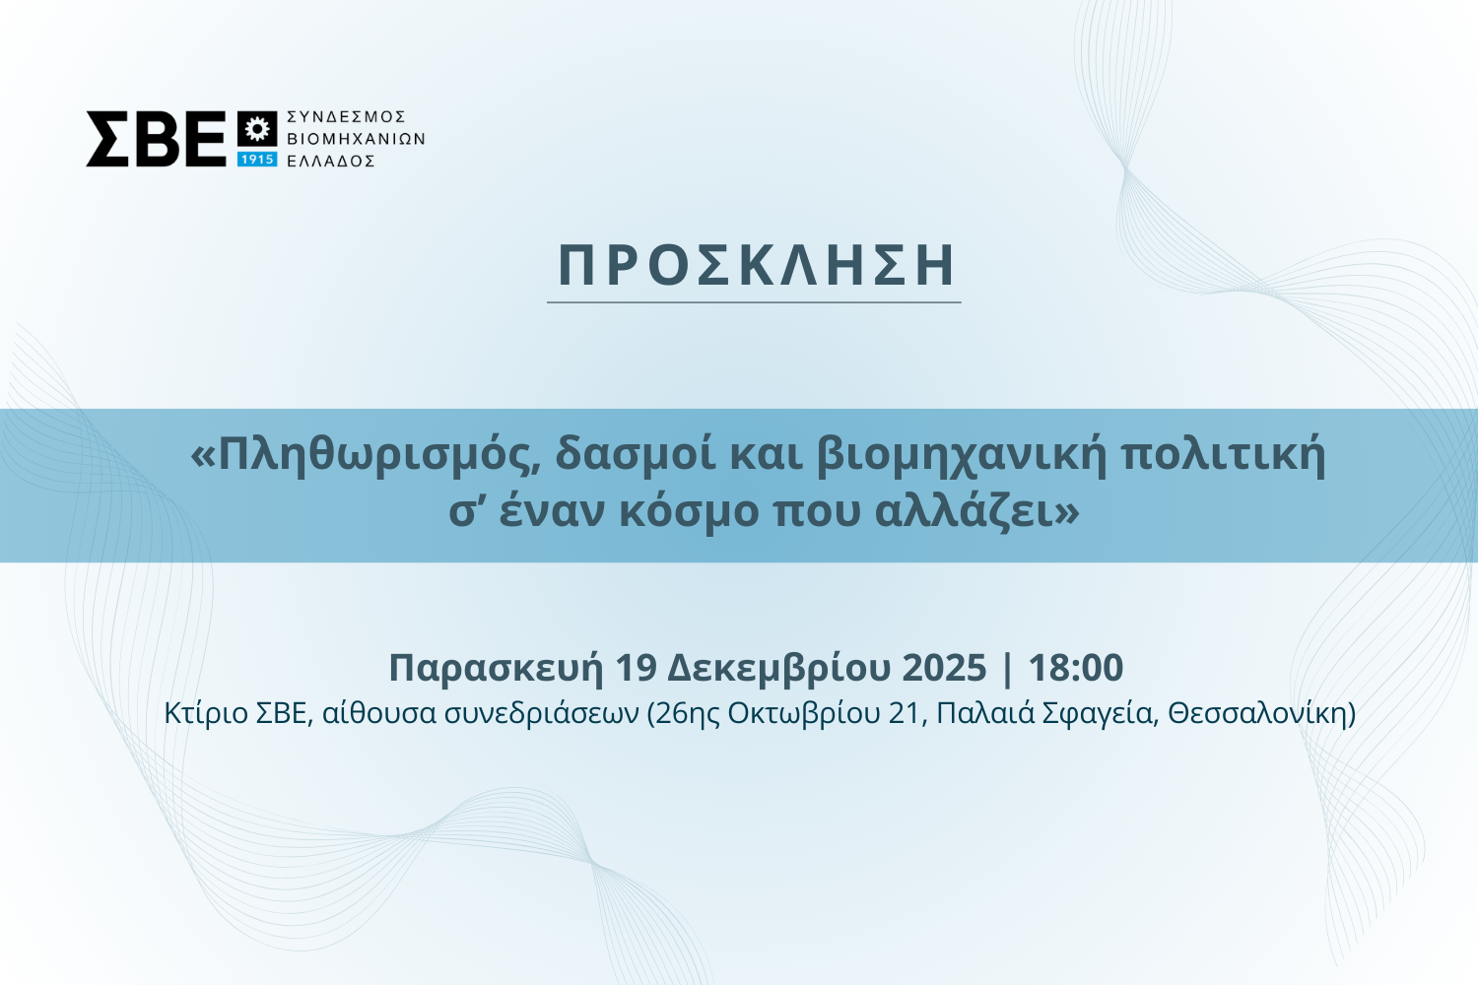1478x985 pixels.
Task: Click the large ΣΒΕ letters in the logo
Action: pyautogui.click(x=156, y=139)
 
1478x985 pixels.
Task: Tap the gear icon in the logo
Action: pyautogui.click(x=256, y=129)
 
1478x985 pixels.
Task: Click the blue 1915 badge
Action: pyautogui.click(x=256, y=159)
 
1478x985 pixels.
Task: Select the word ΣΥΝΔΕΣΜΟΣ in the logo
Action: pyautogui.click(x=347, y=117)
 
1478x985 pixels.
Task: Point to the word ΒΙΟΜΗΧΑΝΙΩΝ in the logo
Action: pyautogui.click(x=357, y=139)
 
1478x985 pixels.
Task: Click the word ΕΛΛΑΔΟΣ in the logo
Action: pyautogui.click(x=331, y=161)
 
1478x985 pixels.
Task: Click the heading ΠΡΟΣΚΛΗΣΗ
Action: pyautogui.click(x=756, y=265)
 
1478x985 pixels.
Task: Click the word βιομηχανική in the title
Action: pyautogui.click(x=961, y=457)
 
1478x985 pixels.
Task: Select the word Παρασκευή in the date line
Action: pyautogui.click(x=496, y=668)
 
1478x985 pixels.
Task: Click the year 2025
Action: pyautogui.click(x=944, y=668)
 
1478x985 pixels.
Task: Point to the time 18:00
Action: pyautogui.click(x=1076, y=668)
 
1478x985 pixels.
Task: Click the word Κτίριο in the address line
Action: pyautogui.click(x=206, y=714)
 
